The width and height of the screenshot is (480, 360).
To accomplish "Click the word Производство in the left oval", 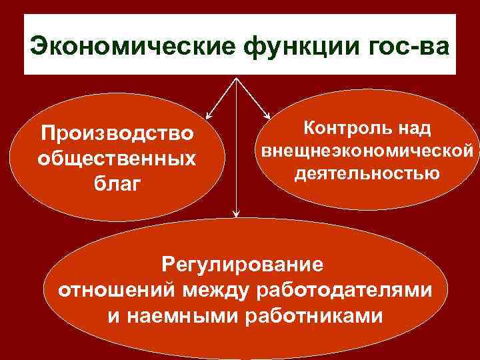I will click(117, 135).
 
